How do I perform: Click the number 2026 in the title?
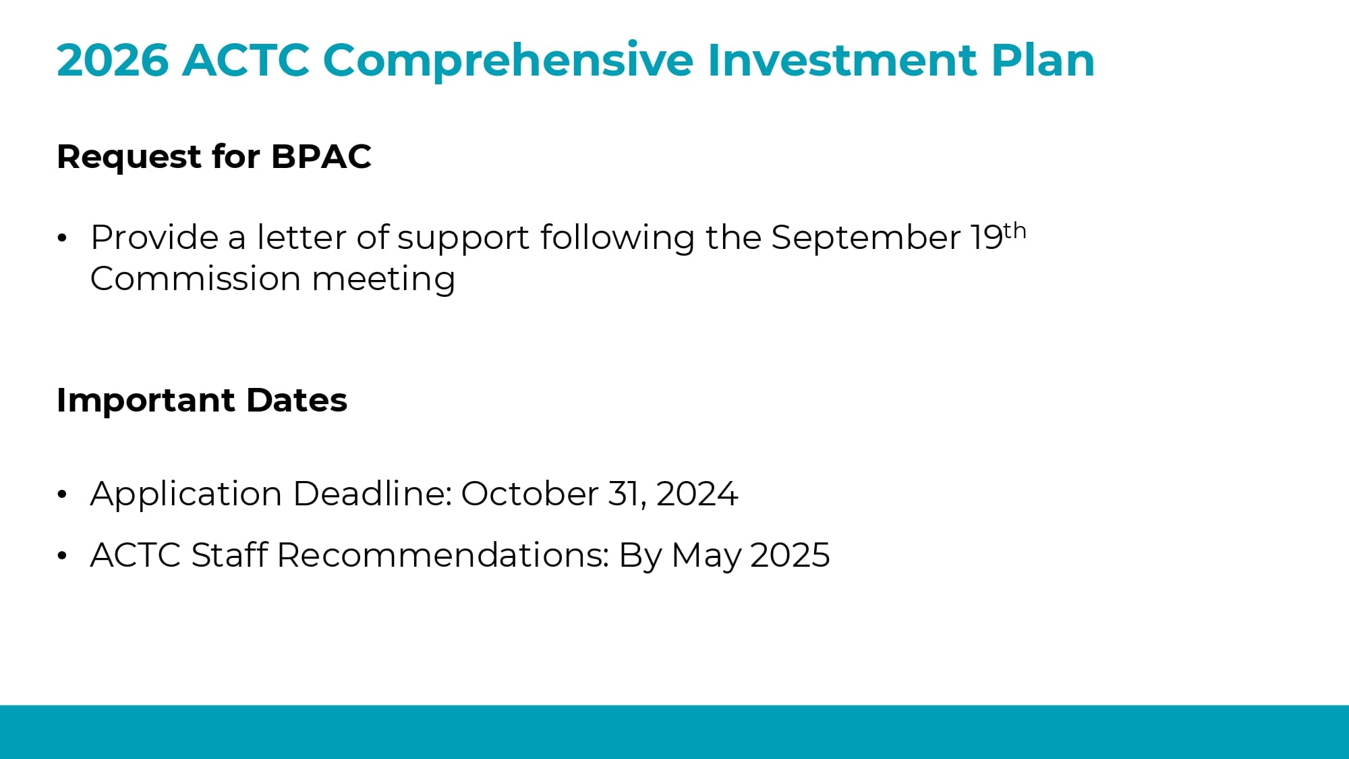[x=112, y=60]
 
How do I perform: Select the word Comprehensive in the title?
[x=508, y=60]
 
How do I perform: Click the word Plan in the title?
[x=1043, y=60]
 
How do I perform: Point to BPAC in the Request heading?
[x=321, y=157]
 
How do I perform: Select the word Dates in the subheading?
[x=297, y=400]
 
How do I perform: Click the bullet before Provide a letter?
[x=63, y=238]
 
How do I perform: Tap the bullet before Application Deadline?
[x=63, y=495]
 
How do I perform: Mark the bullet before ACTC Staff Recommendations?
[x=63, y=556]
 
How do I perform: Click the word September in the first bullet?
[x=865, y=238]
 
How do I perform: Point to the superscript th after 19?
[x=1014, y=231]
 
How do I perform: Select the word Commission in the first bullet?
[x=196, y=279]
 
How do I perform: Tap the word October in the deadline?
[x=529, y=494]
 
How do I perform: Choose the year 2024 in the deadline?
[x=697, y=494]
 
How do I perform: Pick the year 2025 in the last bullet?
[x=790, y=555]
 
